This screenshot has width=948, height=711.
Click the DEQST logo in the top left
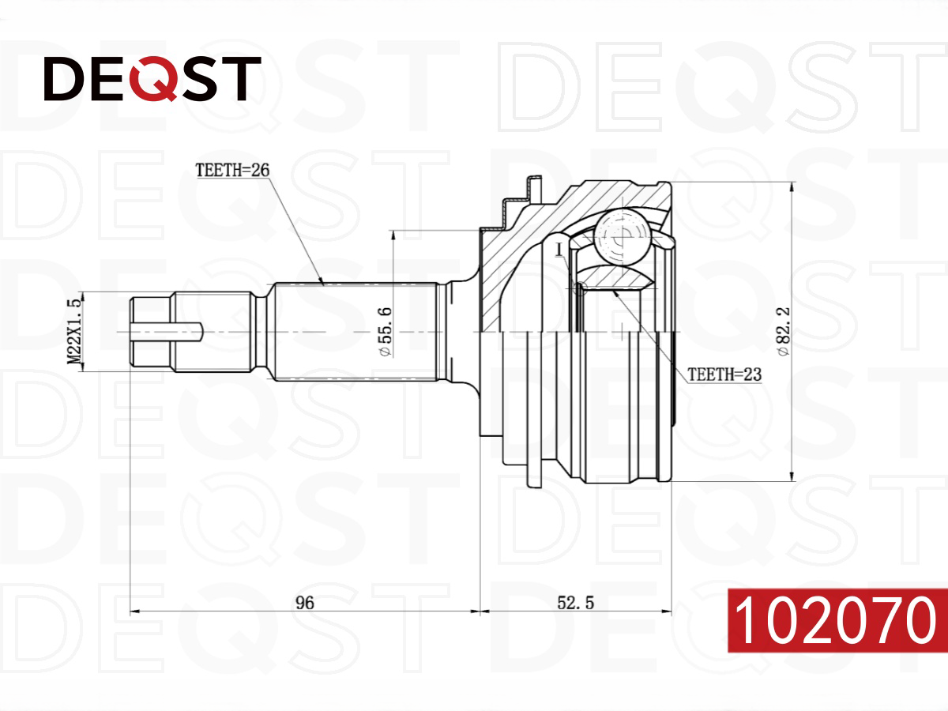coord(152,78)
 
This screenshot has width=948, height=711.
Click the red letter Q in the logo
coord(154,78)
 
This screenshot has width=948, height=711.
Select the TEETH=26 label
coord(232,170)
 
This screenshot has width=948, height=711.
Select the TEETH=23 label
coord(724,374)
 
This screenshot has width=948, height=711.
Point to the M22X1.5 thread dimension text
coord(73,332)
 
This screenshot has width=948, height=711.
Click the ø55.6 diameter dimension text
coord(385,332)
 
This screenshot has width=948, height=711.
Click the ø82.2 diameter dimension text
coord(783,332)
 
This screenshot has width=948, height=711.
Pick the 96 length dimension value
coord(304,603)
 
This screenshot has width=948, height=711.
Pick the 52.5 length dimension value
coord(575,603)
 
